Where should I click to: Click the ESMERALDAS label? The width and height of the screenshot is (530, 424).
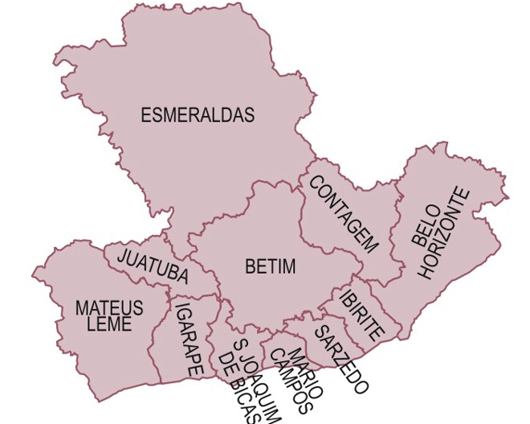tap(198, 115)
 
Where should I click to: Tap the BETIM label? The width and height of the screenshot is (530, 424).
tap(271, 266)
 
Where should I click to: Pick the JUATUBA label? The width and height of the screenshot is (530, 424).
tap(153, 267)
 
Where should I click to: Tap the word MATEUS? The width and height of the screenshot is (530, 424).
tap(109, 308)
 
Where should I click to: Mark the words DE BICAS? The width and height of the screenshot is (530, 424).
tap(241, 388)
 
